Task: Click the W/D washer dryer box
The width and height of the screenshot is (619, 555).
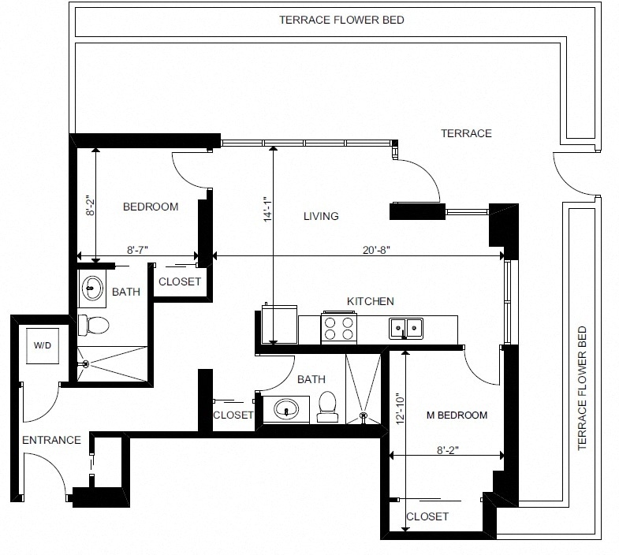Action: point(43,346)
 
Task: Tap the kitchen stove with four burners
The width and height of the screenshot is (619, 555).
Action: point(339,328)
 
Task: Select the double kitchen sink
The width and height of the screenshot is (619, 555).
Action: point(406,329)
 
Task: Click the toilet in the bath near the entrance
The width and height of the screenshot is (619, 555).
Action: point(93,325)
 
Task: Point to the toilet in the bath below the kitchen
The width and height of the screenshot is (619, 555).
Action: point(327,407)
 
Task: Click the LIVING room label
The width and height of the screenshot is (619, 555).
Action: point(321,216)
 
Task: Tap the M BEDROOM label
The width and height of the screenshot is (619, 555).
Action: point(457,415)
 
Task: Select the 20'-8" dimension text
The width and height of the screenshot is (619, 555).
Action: point(376,250)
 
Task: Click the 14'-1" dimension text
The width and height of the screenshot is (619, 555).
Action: point(268,209)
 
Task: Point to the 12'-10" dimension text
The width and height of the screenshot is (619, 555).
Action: point(401,408)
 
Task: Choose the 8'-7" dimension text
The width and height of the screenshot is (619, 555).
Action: point(137,250)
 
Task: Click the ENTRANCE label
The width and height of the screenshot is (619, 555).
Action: point(51,440)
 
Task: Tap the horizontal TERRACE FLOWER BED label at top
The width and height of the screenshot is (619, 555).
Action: point(341,20)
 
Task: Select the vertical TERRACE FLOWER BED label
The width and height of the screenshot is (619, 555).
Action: point(582,388)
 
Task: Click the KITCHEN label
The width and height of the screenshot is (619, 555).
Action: point(371,301)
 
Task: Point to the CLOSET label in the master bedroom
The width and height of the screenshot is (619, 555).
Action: point(427,516)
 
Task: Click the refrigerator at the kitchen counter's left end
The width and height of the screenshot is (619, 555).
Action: point(279,324)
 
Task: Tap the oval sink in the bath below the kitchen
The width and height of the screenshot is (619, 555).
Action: point(286,409)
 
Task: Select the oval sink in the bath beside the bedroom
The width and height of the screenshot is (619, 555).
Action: point(92,289)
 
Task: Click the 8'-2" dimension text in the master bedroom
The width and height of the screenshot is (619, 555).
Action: point(448,450)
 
